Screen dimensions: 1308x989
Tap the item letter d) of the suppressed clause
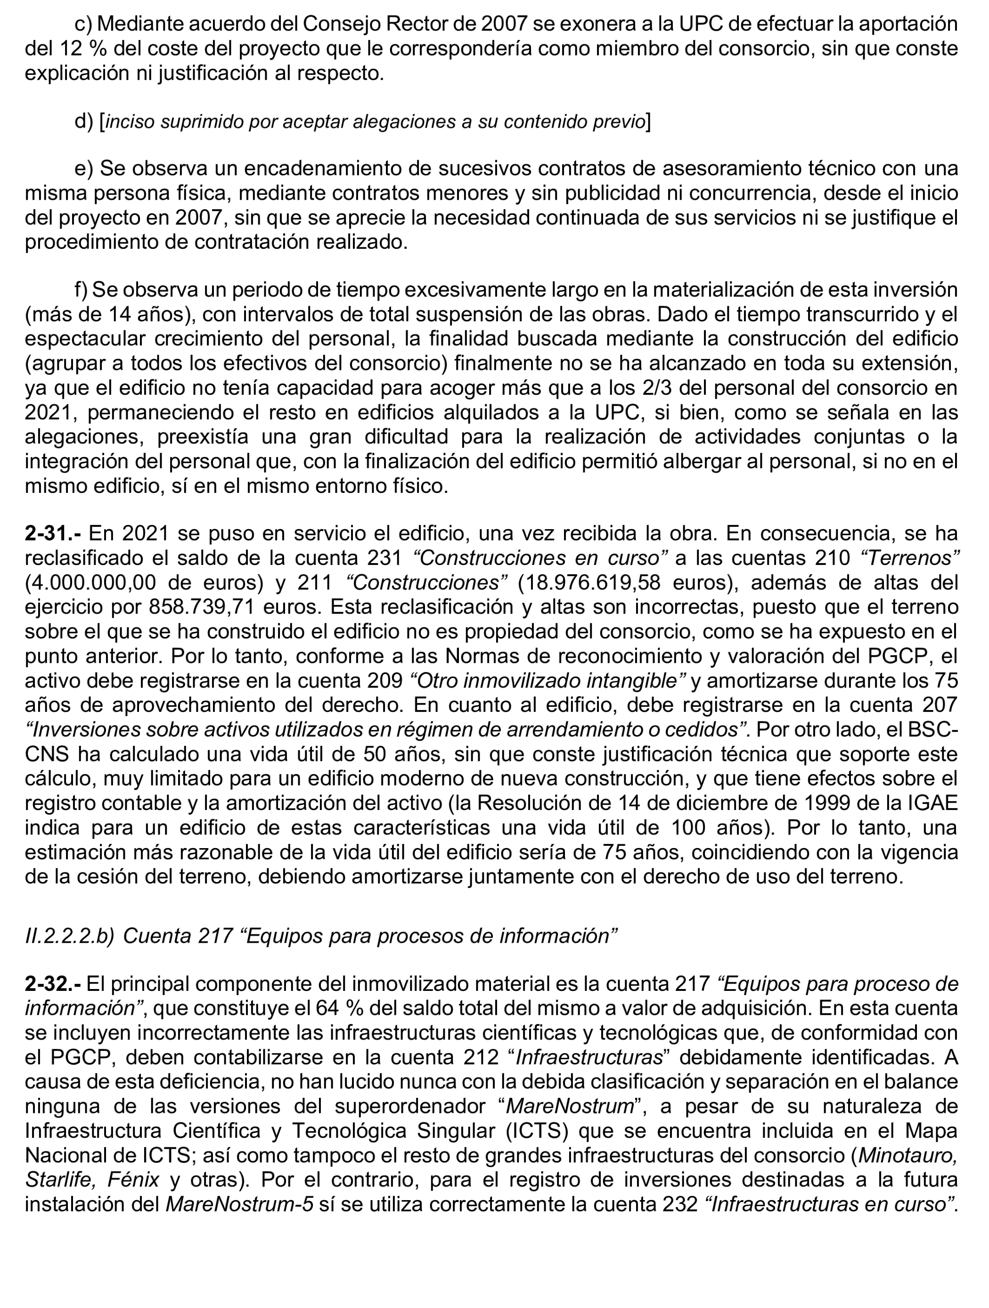(x=84, y=122)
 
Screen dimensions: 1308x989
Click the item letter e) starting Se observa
(x=84, y=169)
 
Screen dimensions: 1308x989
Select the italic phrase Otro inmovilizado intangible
(x=548, y=681)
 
